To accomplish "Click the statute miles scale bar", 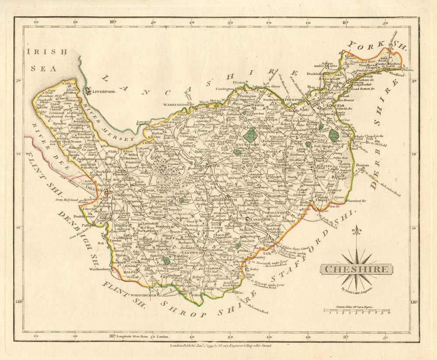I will (x=356, y=311).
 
